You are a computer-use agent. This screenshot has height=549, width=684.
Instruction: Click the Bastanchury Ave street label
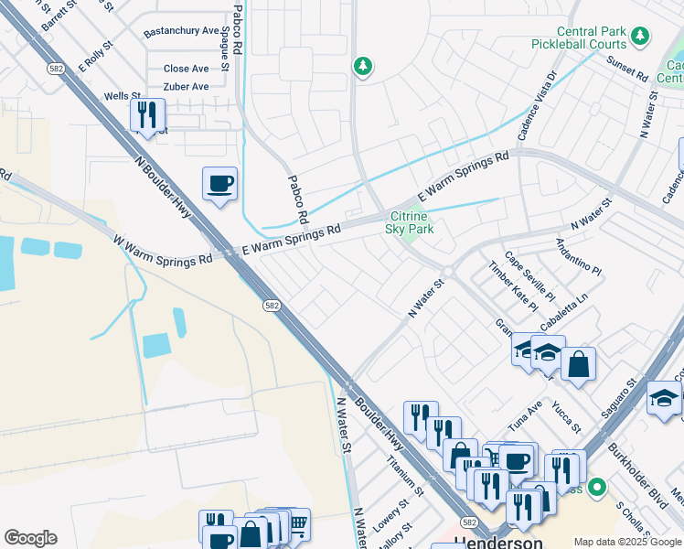(181, 33)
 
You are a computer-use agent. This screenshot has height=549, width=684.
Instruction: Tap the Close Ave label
(187, 69)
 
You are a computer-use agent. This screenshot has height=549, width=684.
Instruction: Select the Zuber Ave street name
(187, 87)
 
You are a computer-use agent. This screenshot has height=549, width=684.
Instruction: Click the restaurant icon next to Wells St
(146, 115)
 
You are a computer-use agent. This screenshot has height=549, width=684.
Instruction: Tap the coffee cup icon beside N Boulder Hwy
(219, 184)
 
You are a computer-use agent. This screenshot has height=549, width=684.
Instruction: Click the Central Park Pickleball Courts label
(579, 38)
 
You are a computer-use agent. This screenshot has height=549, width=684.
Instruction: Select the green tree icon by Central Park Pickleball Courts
(641, 36)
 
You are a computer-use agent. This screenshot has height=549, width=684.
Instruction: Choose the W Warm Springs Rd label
(162, 251)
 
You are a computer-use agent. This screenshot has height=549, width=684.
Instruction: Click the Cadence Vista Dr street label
(536, 107)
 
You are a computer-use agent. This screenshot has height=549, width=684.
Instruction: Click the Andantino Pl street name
(579, 257)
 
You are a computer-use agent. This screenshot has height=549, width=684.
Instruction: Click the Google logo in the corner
(30, 538)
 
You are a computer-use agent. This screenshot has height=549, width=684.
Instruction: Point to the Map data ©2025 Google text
(627, 542)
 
